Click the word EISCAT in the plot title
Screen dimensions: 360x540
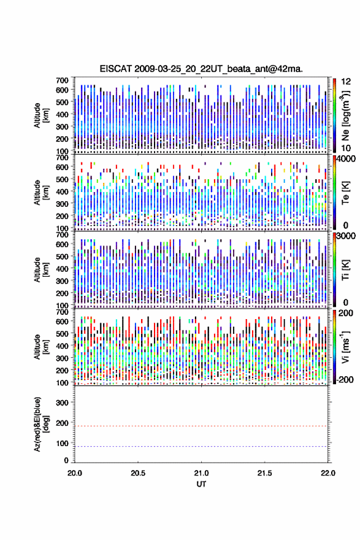(115, 69)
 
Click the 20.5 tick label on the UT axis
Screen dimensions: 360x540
(137, 473)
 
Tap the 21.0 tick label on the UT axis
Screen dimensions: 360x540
(201, 473)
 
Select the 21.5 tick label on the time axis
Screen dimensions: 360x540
(264, 473)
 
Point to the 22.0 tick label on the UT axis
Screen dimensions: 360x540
(327, 473)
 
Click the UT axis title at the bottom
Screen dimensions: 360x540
(201, 484)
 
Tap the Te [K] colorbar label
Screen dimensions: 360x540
(345, 193)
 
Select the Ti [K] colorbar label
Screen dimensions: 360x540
(345, 270)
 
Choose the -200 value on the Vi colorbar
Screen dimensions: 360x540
(344, 379)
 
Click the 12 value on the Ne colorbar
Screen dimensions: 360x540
(346, 82)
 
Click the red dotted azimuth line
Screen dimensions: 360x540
(201, 426)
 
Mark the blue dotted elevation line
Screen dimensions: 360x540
(201, 446)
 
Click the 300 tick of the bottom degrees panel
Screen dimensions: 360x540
(62, 403)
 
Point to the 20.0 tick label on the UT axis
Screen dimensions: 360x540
(74, 473)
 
